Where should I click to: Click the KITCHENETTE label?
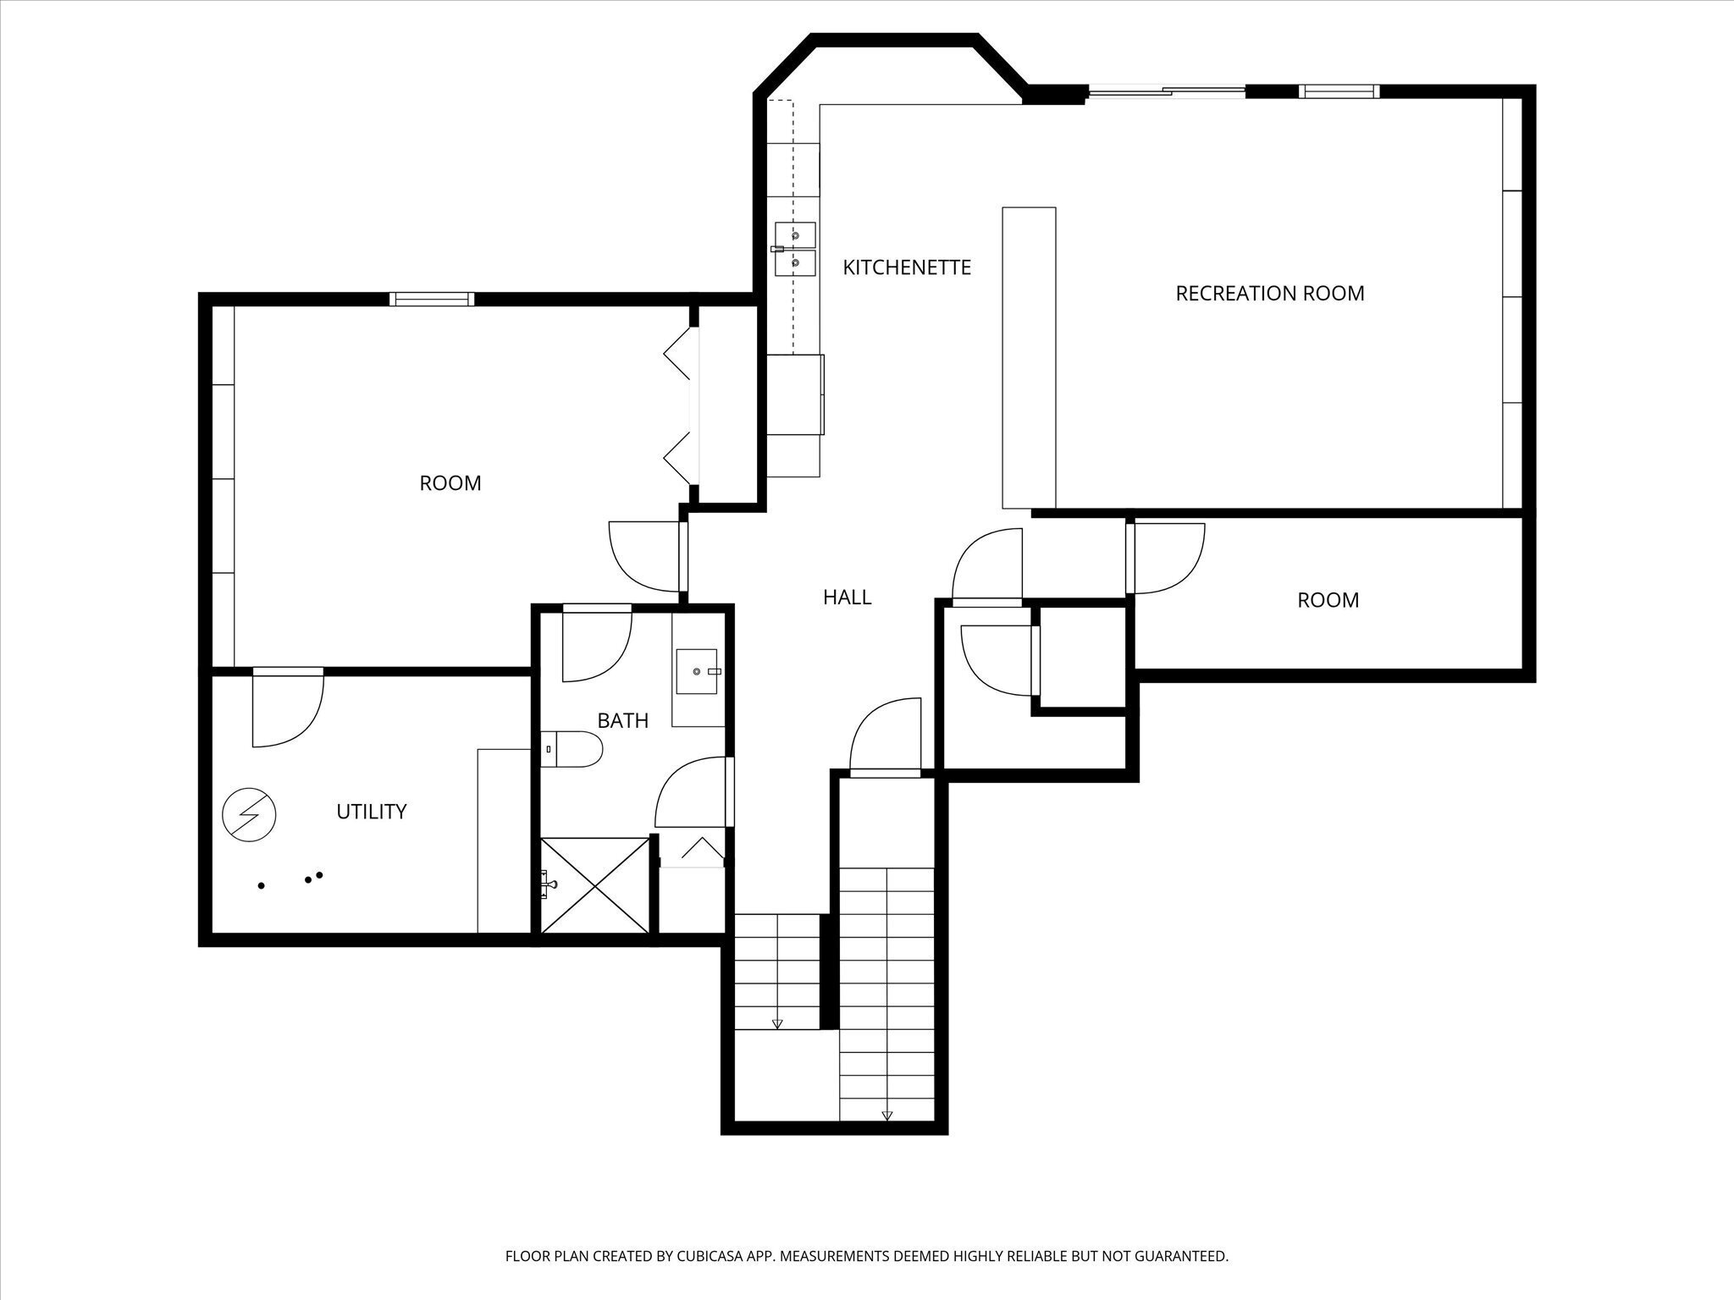(x=906, y=267)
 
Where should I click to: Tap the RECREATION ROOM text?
(x=1269, y=294)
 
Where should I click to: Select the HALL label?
(x=847, y=598)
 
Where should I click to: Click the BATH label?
(x=622, y=721)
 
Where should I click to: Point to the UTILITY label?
(x=371, y=812)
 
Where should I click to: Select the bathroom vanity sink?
(x=697, y=671)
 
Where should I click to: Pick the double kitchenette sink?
(x=795, y=250)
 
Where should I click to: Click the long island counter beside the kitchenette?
(x=1029, y=357)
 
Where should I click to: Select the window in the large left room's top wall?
(x=432, y=299)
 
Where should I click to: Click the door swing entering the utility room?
(x=288, y=709)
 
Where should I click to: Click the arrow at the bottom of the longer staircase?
(x=886, y=1115)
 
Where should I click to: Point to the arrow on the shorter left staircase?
(x=777, y=1023)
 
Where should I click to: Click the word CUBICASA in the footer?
(x=704, y=1257)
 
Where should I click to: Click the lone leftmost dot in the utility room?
(x=262, y=885)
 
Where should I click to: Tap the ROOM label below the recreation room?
(x=1328, y=601)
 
